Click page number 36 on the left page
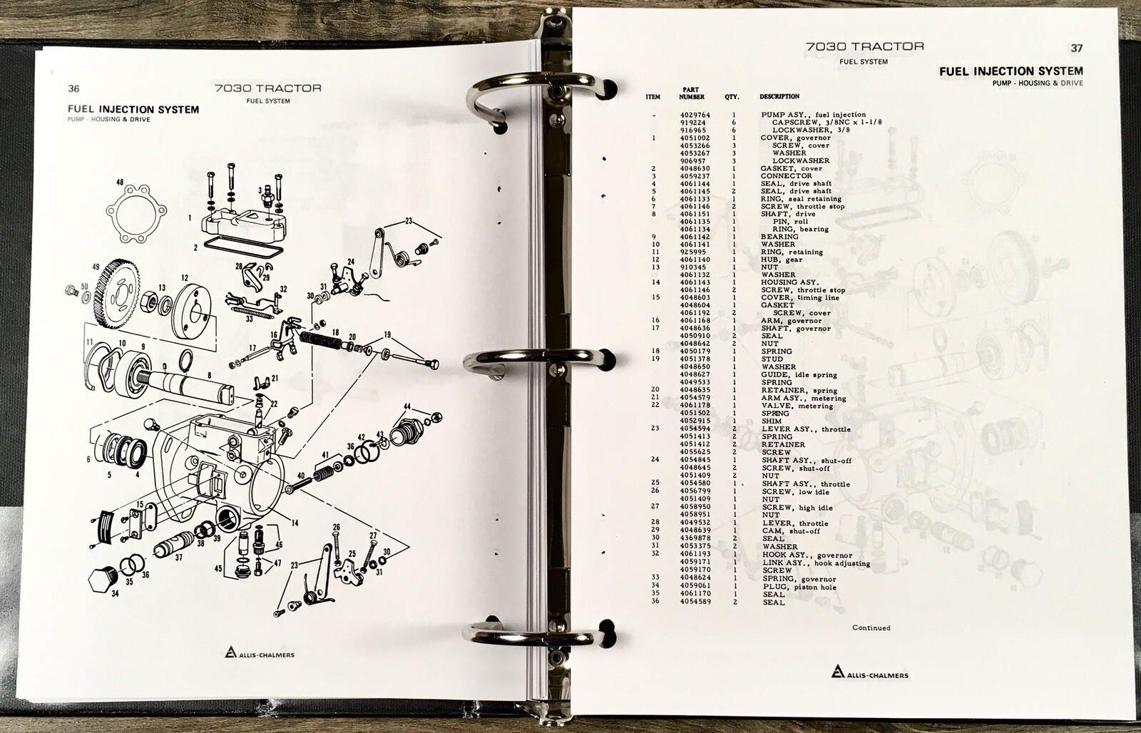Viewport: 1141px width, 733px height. pos(74,88)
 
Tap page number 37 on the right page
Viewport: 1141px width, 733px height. pos(1076,48)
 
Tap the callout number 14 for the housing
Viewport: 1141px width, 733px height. pos(295,523)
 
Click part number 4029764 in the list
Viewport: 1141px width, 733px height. pos(695,115)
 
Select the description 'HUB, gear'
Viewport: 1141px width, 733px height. pos(782,260)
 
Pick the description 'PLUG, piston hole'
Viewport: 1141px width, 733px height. pos(799,587)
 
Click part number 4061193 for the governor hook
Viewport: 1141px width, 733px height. pos(696,554)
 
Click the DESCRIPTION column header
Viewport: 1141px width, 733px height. pos(779,96)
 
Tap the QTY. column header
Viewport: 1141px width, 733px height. pos(732,97)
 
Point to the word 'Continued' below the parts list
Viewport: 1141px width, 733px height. pos(871,627)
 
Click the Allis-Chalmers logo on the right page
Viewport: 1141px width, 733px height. pos(869,672)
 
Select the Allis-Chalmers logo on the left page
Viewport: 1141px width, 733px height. pos(260,653)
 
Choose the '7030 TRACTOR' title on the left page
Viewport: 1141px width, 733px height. pos(268,88)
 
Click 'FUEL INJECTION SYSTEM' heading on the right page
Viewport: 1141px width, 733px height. pos(1011,71)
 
